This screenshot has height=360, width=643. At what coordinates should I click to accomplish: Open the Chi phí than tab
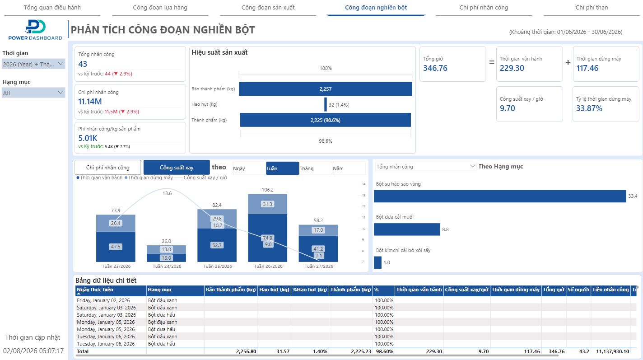coord(592,8)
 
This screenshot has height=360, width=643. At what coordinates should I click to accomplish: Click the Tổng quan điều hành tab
coord(52,8)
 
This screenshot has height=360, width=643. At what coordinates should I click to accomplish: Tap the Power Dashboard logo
coord(35,30)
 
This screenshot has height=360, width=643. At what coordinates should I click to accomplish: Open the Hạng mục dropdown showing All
coord(33,93)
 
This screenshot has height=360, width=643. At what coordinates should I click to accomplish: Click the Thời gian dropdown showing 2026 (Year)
coord(33,64)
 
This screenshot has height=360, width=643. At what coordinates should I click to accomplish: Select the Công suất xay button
coord(177,168)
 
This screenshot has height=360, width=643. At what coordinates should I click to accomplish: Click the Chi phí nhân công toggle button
coord(107,168)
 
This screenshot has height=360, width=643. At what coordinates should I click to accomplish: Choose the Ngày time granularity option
coord(249,168)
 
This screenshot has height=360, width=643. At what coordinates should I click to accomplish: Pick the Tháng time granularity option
coord(316,168)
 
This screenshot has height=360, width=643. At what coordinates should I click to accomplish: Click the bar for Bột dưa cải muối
coord(407,229)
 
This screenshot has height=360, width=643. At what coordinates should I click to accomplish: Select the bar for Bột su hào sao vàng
coord(500,196)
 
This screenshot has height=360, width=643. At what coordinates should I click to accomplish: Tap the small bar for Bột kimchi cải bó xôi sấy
coord(377,262)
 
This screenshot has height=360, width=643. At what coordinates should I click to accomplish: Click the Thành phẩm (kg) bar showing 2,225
coord(325,120)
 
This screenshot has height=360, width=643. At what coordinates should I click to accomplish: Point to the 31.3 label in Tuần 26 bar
coord(267,204)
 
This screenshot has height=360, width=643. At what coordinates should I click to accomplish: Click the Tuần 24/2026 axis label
coord(167,266)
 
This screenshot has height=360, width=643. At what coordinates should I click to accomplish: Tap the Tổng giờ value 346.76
coord(435,68)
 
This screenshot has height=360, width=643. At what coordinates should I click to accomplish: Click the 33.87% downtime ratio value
coord(589,108)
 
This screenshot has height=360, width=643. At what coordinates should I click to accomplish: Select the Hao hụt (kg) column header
coord(274,290)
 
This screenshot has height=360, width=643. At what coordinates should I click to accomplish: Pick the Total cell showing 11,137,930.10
coord(612,351)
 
